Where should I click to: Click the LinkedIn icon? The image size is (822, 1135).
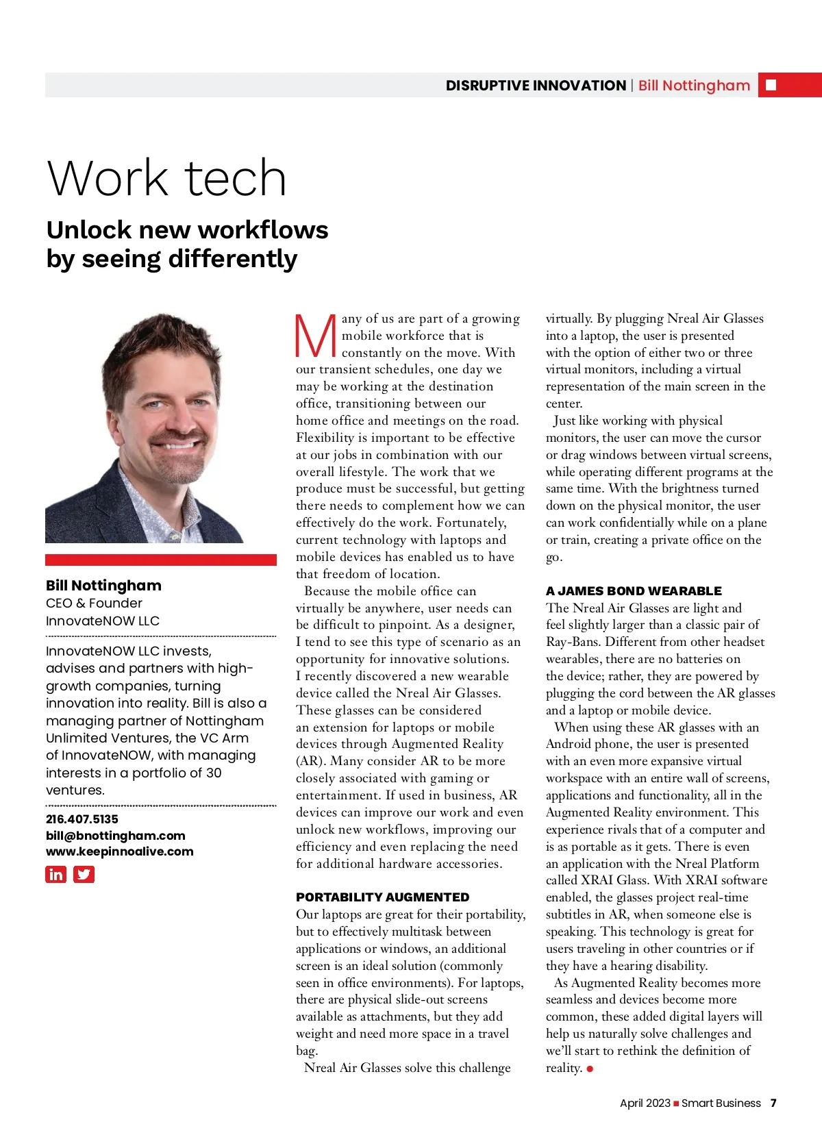click(x=55, y=874)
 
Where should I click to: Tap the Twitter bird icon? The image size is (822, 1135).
click(x=84, y=874)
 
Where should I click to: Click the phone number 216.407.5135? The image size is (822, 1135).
click(x=82, y=819)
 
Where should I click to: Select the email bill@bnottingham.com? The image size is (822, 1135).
click(x=115, y=835)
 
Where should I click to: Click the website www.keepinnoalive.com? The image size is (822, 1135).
click(x=119, y=851)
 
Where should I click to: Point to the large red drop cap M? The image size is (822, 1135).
click(x=315, y=336)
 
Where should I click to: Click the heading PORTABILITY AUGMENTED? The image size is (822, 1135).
click(x=382, y=897)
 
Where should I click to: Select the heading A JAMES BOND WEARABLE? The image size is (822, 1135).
click(x=633, y=590)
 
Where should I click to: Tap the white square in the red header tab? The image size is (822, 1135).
click(x=771, y=85)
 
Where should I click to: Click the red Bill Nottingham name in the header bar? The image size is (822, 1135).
click(x=694, y=86)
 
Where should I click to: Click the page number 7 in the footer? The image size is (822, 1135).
click(x=773, y=1103)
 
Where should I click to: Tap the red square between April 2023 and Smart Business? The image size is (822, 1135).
click(x=676, y=1103)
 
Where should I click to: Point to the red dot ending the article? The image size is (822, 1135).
click(x=590, y=1069)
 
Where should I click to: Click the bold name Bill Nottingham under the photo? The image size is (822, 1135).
click(x=103, y=585)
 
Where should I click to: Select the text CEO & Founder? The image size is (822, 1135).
click(x=94, y=603)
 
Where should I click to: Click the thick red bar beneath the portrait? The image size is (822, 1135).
click(x=160, y=560)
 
